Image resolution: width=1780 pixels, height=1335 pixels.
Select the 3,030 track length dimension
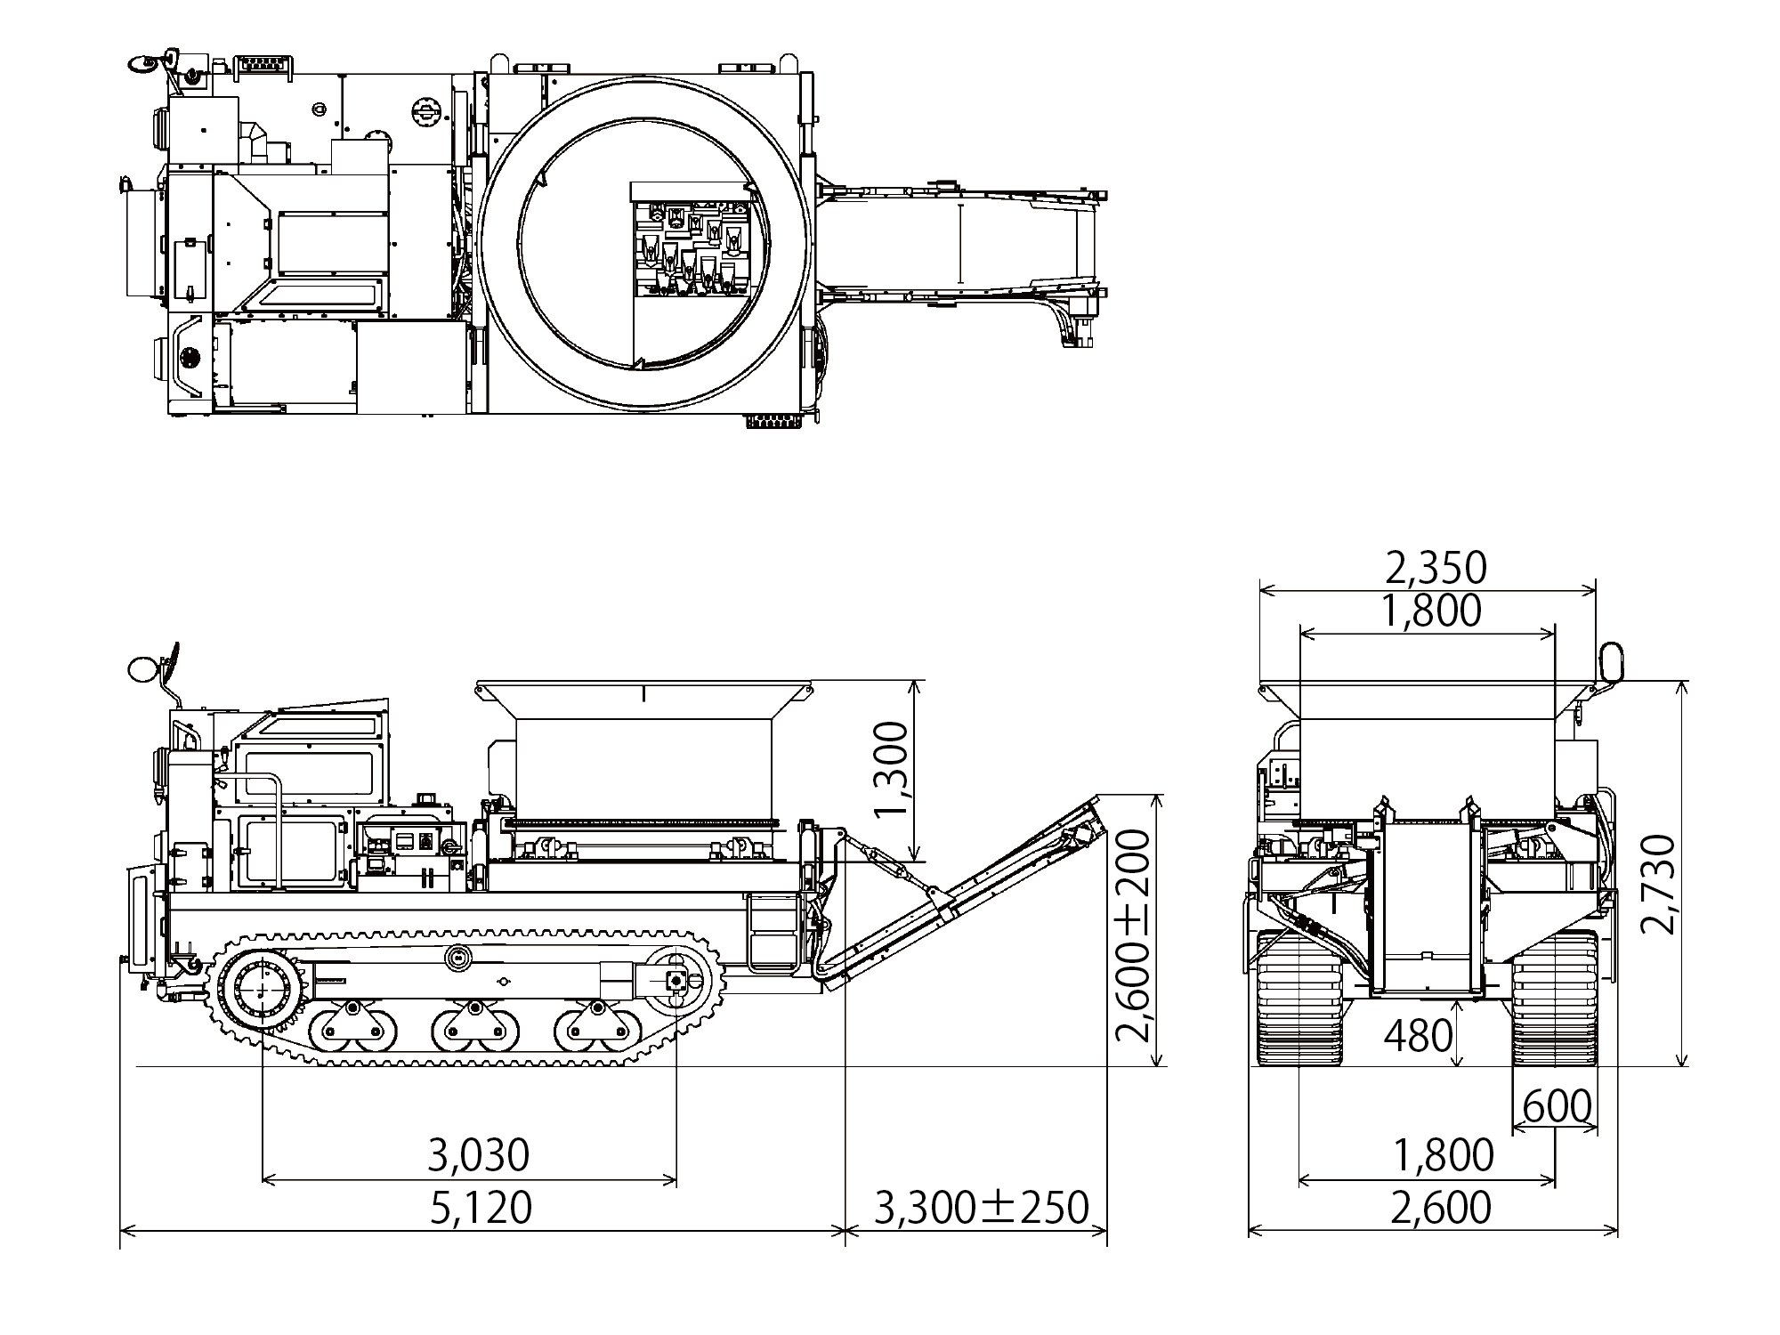coord(479,1155)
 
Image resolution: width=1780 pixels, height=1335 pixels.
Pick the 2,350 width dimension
coord(1436,567)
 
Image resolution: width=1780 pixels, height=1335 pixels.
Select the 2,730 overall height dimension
coord(1657,883)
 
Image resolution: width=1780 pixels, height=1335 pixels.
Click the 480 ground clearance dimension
coord(1419,1035)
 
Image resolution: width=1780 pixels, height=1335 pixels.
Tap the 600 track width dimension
coord(1557,1107)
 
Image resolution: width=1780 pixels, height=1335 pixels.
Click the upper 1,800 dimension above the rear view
coord(1431,611)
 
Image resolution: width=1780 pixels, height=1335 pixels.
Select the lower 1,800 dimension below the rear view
coord(1443,1155)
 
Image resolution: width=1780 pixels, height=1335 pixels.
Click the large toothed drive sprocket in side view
coord(263,991)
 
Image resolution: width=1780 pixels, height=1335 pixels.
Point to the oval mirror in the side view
coord(142,668)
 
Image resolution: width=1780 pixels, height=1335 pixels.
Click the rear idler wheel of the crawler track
coord(676,980)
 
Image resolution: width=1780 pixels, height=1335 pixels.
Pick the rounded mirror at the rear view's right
coord(1612,662)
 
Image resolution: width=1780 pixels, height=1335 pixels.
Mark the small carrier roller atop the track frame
coord(459,959)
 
